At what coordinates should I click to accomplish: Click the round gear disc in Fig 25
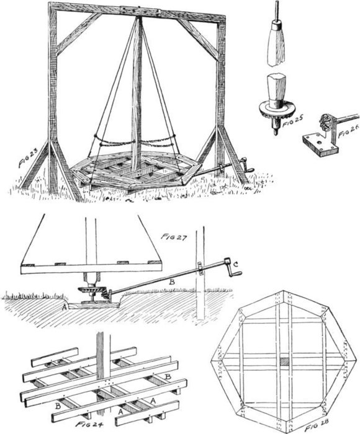coord(273,108)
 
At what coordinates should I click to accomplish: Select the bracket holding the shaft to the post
coord(200,268)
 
